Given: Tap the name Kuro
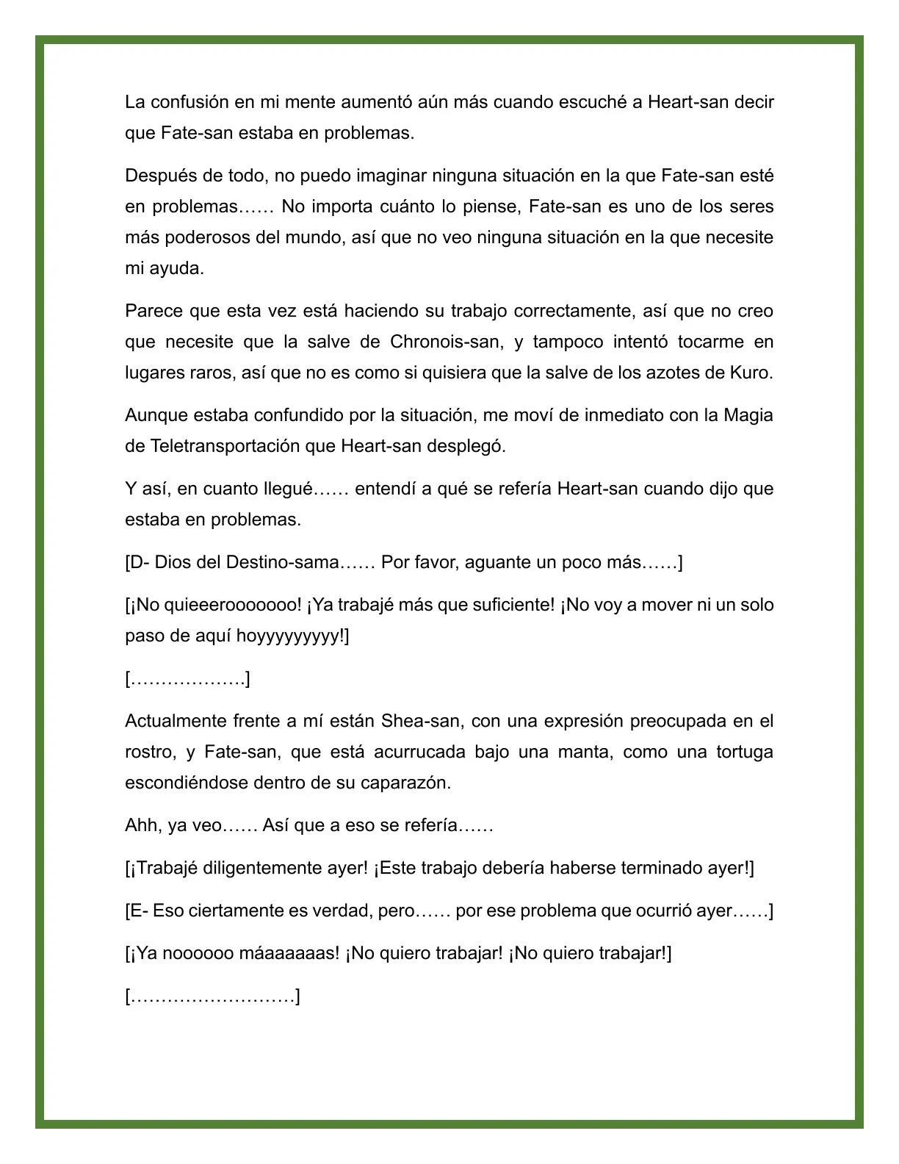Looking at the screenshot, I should (750, 373).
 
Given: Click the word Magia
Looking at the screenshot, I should (748, 415).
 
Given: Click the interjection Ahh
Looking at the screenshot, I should (142, 825).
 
